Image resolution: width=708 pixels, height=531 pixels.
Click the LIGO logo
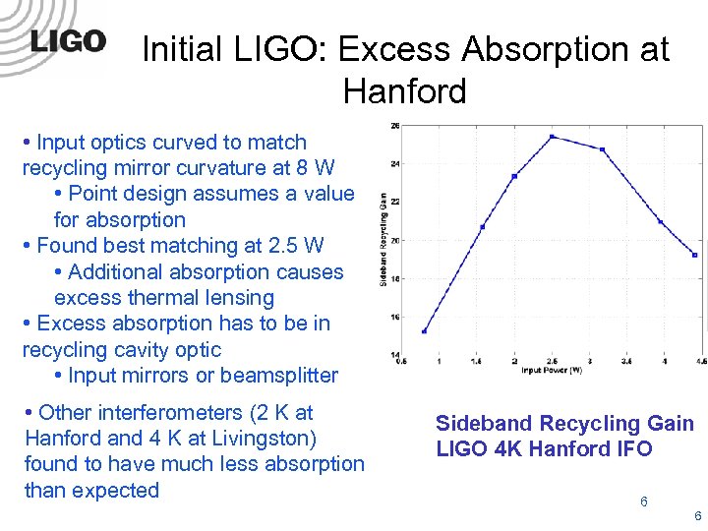67,40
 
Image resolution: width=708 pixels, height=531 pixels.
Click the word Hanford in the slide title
404,91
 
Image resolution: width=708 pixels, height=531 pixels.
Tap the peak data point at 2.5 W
553,137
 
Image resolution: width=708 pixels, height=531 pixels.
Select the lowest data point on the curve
424,331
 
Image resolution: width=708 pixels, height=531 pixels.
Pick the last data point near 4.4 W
694,255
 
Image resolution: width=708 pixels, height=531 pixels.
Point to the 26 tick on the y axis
395,126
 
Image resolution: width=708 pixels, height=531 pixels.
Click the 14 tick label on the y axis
395,355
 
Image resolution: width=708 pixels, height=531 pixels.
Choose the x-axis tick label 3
588,363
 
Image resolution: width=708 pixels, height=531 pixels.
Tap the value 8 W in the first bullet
315,168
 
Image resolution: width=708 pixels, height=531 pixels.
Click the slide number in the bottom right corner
697,516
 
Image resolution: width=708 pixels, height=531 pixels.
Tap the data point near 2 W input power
514,176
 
